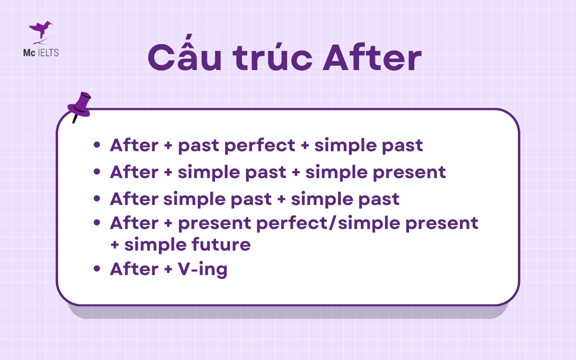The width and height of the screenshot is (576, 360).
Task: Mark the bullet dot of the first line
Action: tap(97, 145)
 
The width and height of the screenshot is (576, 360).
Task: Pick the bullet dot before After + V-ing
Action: tap(97, 269)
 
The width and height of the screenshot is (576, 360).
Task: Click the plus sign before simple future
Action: tap(115, 245)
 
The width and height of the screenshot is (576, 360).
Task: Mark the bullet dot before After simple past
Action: tap(97, 198)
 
